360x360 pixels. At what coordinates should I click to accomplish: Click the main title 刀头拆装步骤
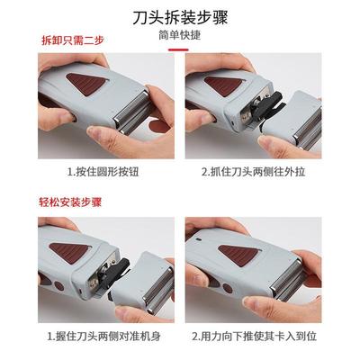pyautogui.click(x=179, y=15)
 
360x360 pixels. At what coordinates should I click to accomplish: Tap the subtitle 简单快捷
pyautogui.click(x=179, y=36)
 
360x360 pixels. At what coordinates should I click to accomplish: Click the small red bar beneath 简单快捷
pyautogui.click(x=179, y=50)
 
